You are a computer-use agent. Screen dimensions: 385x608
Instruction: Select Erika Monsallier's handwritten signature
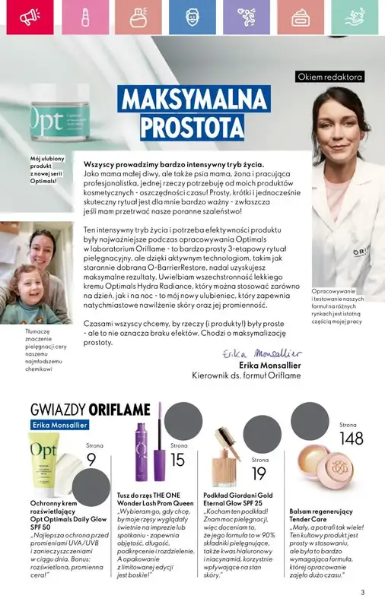261,354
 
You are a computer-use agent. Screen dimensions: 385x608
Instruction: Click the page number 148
352,439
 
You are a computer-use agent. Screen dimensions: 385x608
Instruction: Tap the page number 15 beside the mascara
177,459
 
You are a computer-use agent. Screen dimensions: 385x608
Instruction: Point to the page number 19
259,473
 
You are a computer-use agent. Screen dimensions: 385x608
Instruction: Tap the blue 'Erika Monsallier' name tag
60,425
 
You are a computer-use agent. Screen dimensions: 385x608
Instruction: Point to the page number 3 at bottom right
363,593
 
